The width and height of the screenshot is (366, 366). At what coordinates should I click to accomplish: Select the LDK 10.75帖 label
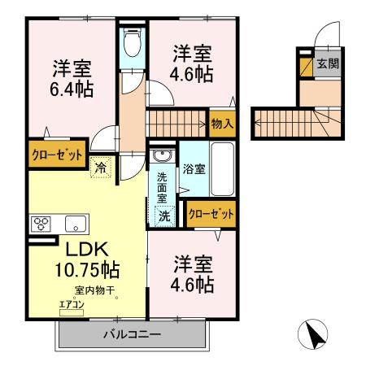click(88, 257)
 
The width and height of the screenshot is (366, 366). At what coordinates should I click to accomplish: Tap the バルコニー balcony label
click(131, 334)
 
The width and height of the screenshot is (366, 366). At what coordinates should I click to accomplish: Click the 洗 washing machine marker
click(164, 216)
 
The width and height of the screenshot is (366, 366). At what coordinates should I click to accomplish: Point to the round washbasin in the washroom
click(162, 155)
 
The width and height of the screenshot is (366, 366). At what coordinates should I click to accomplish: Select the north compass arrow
click(314, 333)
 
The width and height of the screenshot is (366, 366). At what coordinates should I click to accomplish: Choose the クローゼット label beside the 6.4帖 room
click(56, 155)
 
